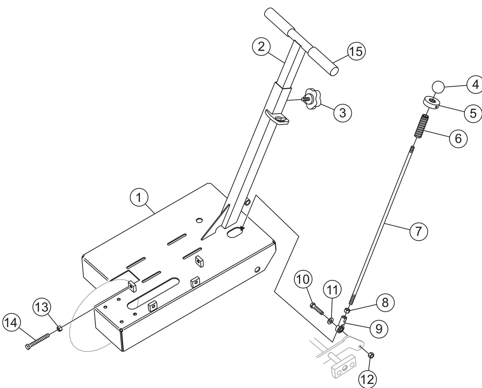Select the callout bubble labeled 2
tap(261, 47)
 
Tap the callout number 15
tap(356, 52)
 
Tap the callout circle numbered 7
tap(418, 231)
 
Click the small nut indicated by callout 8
tap(347, 311)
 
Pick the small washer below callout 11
tap(330, 320)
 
